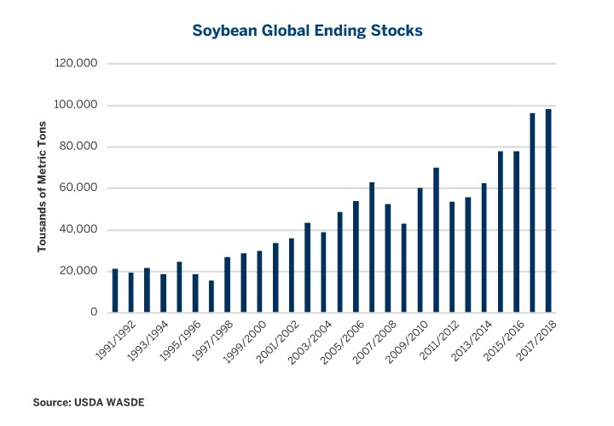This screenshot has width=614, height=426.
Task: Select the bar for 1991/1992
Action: (115, 291)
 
